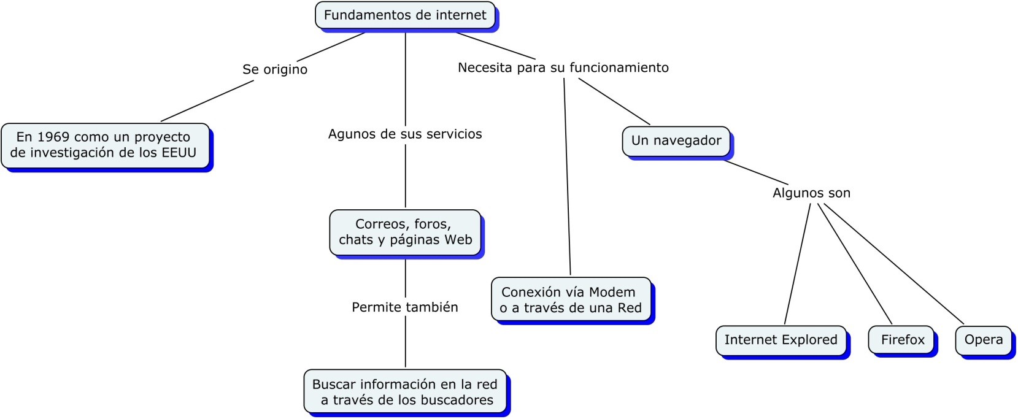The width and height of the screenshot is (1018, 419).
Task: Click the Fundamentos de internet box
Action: (x=406, y=15)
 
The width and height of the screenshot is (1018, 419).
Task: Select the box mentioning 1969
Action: (x=106, y=145)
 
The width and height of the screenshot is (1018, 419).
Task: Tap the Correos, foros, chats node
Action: (x=406, y=233)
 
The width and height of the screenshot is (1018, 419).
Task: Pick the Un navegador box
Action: (x=676, y=141)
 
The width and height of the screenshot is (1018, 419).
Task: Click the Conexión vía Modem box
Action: (x=571, y=299)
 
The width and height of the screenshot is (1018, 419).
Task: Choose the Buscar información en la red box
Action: (x=406, y=391)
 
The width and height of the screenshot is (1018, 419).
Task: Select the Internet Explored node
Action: (x=781, y=340)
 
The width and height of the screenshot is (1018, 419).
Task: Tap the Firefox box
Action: (x=901, y=340)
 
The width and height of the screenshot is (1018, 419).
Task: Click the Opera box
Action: (x=984, y=340)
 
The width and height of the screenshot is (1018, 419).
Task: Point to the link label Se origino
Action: (x=275, y=69)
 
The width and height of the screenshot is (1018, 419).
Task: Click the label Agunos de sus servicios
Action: (x=405, y=134)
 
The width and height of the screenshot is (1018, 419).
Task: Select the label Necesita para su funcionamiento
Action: (x=563, y=67)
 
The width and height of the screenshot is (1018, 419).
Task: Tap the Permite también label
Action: (x=405, y=307)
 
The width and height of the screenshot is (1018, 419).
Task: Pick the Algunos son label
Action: (x=812, y=193)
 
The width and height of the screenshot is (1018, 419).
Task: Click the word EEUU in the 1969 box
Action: (x=179, y=153)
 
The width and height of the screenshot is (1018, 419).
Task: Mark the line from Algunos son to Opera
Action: (x=893, y=264)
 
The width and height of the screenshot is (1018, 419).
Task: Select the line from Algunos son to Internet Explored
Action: (x=797, y=264)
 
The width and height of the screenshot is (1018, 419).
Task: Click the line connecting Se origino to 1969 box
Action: (x=207, y=101)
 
